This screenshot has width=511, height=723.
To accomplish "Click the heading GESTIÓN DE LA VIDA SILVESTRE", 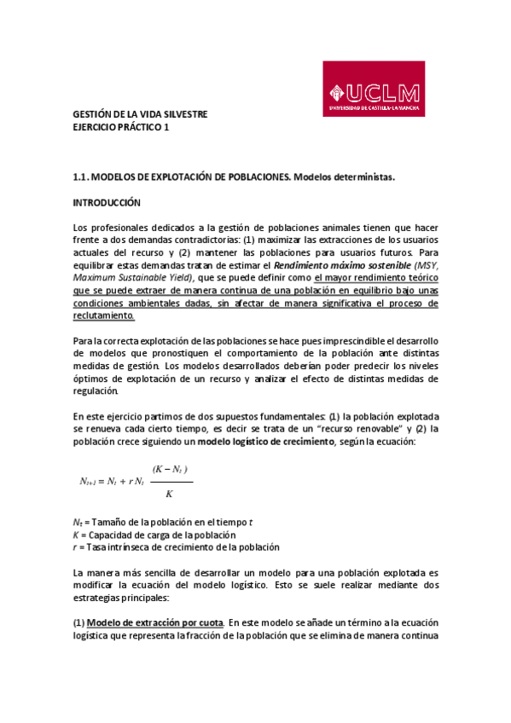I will (x=139, y=115).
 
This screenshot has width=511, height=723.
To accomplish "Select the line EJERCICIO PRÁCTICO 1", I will (x=121, y=127).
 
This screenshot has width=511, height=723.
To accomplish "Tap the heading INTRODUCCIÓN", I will (x=107, y=204).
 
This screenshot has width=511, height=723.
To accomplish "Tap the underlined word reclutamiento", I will (x=104, y=315).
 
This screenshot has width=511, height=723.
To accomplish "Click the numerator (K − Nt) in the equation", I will (x=169, y=470).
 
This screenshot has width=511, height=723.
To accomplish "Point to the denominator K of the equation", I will (x=169, y=494).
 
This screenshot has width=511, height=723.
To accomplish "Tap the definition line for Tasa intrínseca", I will (x=176, y=547).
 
